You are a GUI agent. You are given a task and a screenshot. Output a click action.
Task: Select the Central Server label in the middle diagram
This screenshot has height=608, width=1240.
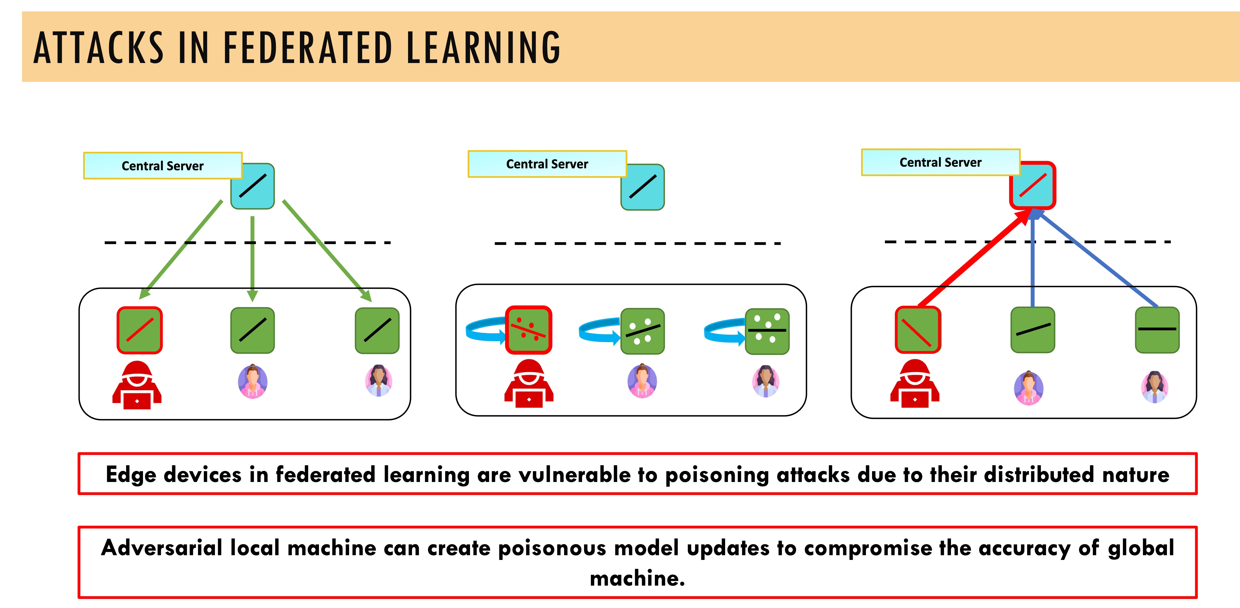point(547,164)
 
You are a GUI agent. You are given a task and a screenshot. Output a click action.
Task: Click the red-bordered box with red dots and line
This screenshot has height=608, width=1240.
point(528,330)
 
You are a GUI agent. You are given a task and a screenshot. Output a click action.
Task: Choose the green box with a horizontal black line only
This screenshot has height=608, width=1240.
point(1157,330)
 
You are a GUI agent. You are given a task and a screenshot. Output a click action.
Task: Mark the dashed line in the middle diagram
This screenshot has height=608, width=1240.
point(637,243)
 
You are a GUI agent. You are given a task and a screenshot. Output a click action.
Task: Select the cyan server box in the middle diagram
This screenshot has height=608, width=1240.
point(643,187)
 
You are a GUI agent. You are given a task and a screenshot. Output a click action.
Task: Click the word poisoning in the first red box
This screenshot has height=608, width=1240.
point(717,475)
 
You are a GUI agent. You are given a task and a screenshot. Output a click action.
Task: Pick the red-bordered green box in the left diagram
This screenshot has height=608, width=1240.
point(140,330)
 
